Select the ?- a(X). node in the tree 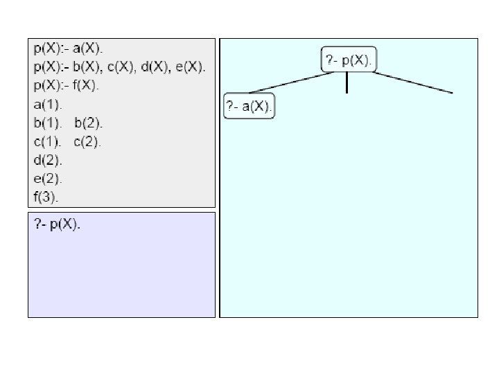coord(249,107)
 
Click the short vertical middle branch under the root coord(347,83)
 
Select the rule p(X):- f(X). coord(67,86)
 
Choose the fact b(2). coord(88,123)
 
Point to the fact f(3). coord(46,197)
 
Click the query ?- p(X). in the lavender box coord(58,225)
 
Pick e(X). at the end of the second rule coord(188,67)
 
